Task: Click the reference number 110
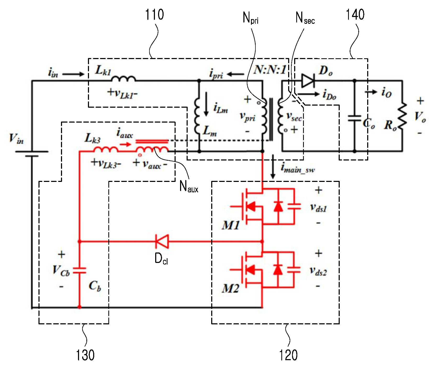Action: pos(154,15)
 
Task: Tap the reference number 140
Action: pos(355,15)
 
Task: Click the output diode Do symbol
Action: pos(308,81)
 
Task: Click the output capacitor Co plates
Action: pos(355,118)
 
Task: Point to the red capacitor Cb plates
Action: pos(80,271)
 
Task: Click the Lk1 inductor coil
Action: pos(123,78)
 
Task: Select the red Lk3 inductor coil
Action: pos(106,149)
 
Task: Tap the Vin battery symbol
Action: pos(32,154)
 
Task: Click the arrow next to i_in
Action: pos(73,74)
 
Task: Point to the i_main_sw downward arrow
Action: pos(273,167)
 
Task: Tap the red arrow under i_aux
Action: pos(125,144)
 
